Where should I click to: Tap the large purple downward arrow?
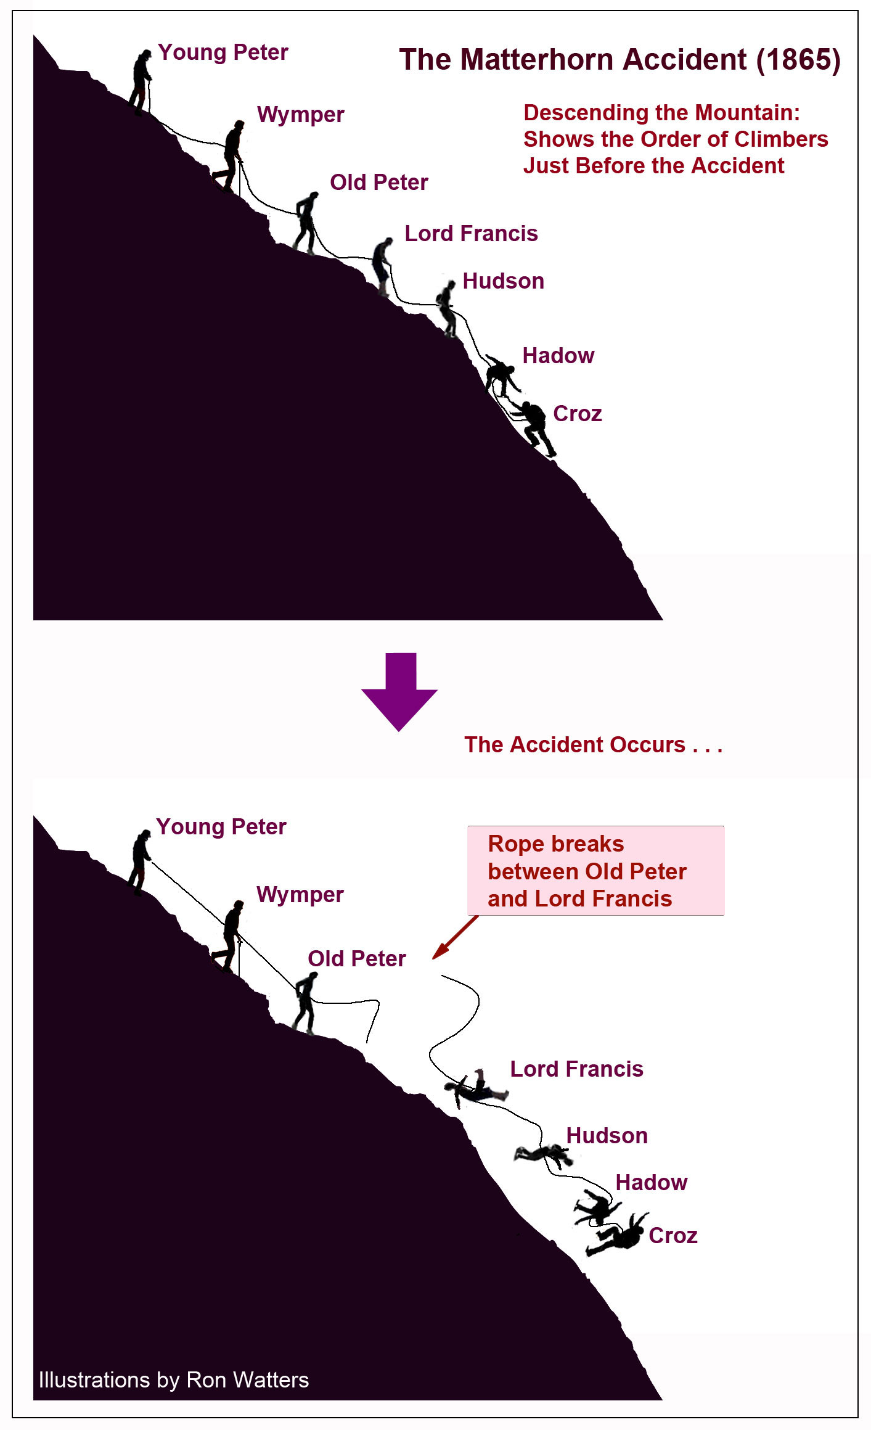(399, 691)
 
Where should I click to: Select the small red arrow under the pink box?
(455, 937)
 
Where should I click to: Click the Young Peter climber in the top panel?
(141, 82)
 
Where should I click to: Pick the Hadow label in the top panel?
(558, 356)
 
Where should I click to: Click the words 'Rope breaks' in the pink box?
(555, 844)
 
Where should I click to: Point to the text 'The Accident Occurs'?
(575, 745)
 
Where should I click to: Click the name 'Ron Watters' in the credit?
(247, 1380)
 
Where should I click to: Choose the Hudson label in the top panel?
(503, 281)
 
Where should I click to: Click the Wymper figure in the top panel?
(229, 157)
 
